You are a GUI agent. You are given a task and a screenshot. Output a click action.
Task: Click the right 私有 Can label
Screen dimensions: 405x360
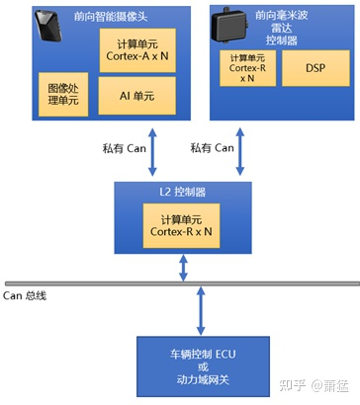(211, 148)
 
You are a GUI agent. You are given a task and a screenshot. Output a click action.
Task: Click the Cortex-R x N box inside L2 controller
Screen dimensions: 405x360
(180, 224)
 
